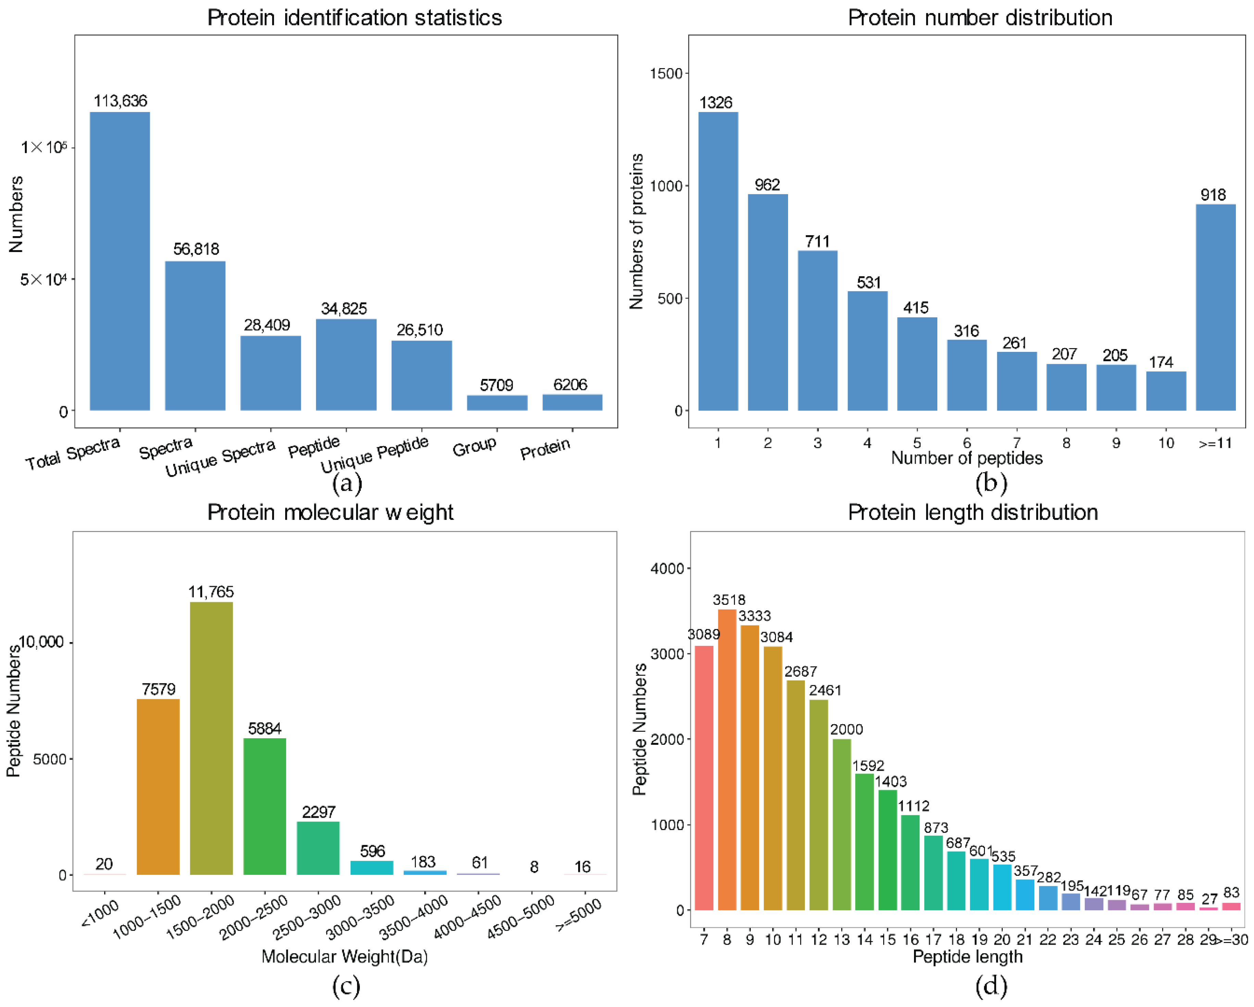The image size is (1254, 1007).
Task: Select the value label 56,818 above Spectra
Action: click(x=196, y=249)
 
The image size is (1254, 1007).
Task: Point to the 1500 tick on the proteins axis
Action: click(x=666, y=73)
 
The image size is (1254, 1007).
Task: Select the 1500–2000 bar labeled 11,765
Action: click(x=211, y=738)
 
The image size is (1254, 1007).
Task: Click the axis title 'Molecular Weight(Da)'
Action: click(x=344, y=956)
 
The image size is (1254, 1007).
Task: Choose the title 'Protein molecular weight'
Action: click(x=330, y=512)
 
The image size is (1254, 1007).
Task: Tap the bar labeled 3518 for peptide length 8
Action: click(x=727, y=759)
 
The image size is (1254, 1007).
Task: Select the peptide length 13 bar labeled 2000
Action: click(x=841, y=825)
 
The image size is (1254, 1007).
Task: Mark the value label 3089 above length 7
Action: click(x=703, y=634)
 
